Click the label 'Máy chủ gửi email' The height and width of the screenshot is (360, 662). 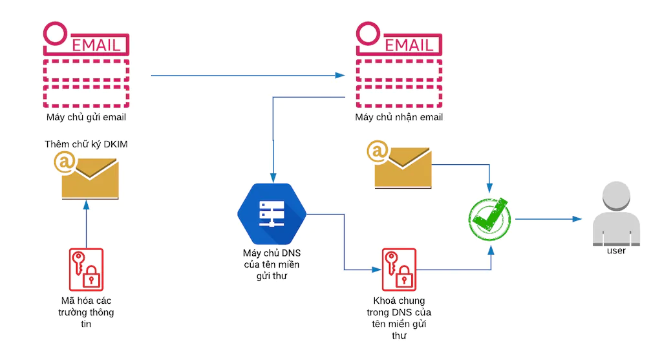86,118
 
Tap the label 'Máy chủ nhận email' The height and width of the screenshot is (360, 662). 399,118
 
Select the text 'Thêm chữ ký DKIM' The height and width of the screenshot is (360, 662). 86,144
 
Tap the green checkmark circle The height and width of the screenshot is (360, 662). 489,218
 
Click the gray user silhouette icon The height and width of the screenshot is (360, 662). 616,213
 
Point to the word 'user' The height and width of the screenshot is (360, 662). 616,250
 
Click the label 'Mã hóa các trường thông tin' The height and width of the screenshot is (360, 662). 86,312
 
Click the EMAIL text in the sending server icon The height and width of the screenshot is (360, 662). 96,45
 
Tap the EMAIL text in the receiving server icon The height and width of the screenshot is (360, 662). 409,45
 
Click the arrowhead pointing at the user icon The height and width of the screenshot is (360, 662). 577,219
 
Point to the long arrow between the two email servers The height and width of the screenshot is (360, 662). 246,76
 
